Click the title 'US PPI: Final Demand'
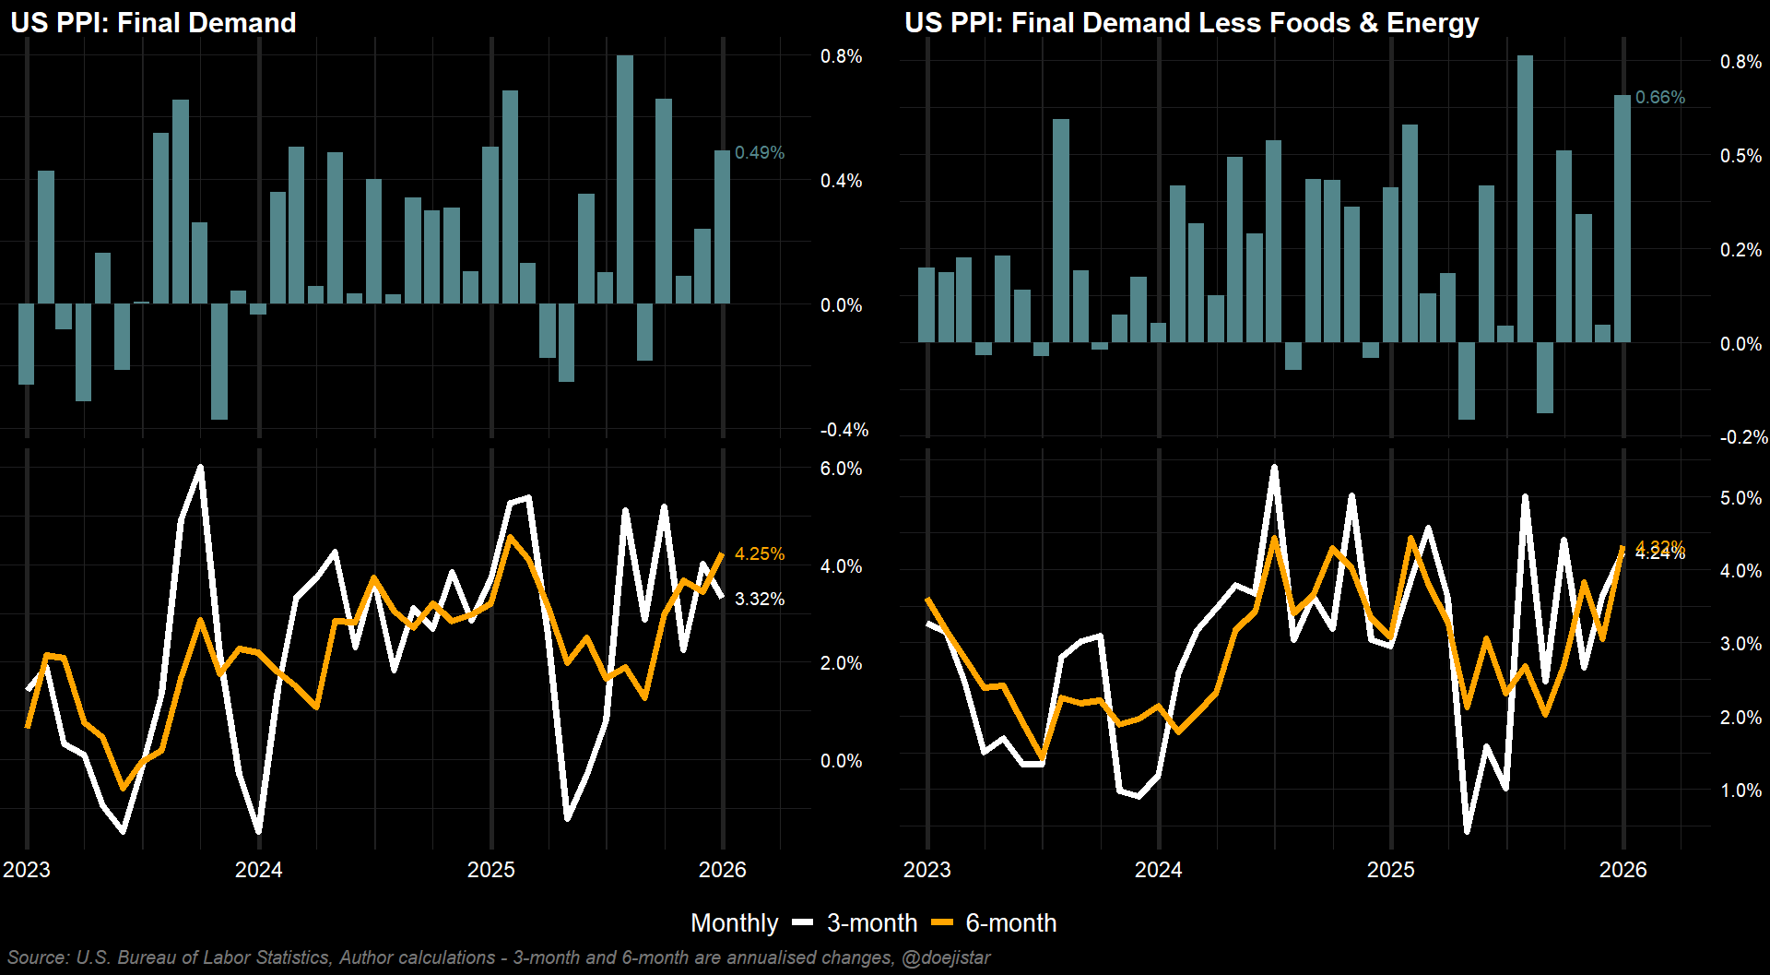tap(153, 23)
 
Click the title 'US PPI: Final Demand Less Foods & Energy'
tap(1191, 23)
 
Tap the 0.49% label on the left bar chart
tap(760, 153)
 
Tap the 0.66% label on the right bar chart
tap(1659, 98)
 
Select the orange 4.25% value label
tap(760, 554)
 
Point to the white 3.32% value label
tap(760, 600)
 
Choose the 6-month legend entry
tap(995, 923)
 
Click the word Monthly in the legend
tap(734, 923)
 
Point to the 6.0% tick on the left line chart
tap(841, 470)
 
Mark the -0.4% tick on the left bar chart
tap(844, 431)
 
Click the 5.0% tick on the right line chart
tap(1740, 499)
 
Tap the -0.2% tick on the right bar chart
tap(1743, 437)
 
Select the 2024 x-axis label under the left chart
tap(258, 870)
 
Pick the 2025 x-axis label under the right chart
tap(1390, 870)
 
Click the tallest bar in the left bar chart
tap(625, 179)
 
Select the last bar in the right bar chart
tap(1622, 219)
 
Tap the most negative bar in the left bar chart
tap(219, 362)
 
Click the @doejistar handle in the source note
tap(946, 958)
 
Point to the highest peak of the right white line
tap(1274, 468)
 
